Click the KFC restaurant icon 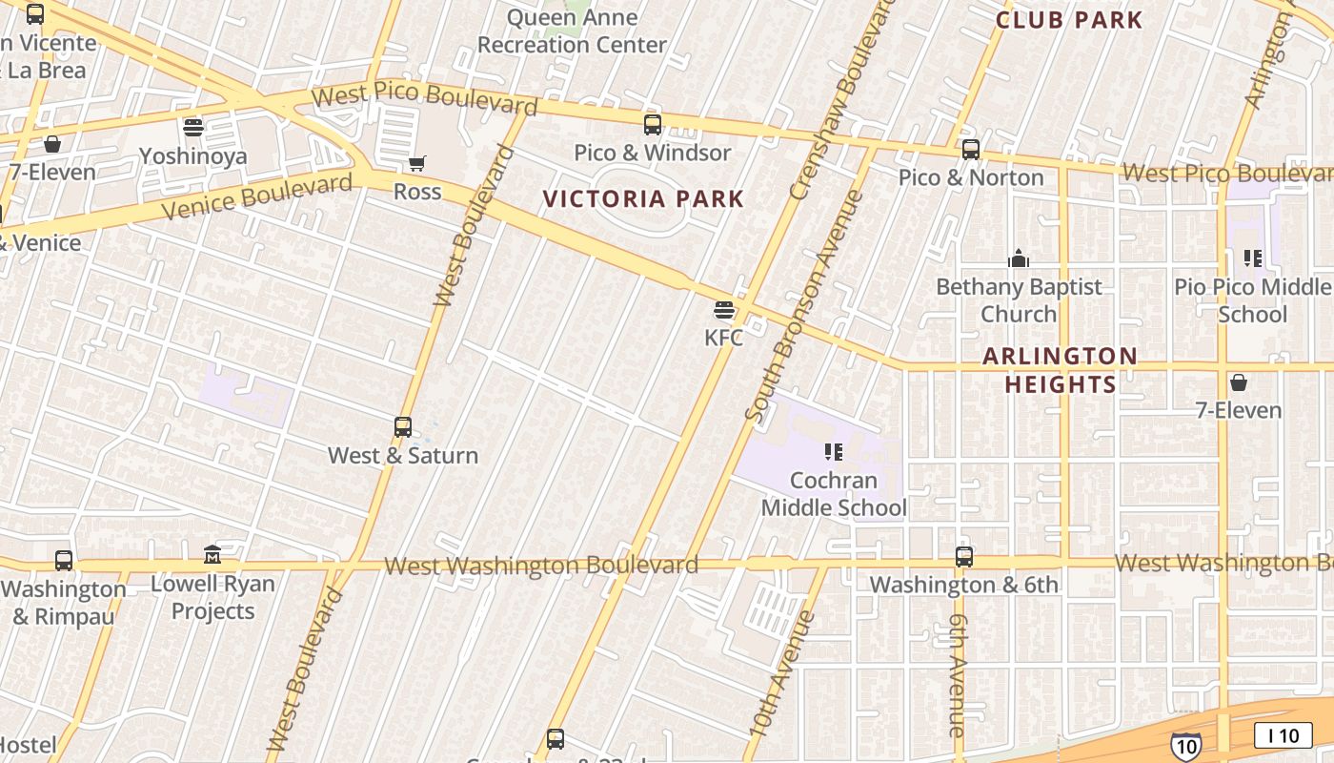[724, 310]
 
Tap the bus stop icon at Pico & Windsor [653, 124]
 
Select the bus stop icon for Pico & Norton [971, 150]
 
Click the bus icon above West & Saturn [403, 427]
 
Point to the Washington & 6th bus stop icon [964, 556]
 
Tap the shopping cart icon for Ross [416, 164]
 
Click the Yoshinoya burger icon [193, 128]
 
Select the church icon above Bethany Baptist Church [1019, 258]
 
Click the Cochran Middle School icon [834, 452]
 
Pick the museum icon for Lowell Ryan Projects [212, 554]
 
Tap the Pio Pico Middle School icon [1253, 258]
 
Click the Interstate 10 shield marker [1185, 745]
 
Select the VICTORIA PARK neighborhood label [643, 198]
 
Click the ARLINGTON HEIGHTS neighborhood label [1060, 370]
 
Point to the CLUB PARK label [1068, 20]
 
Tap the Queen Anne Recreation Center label [572, 31]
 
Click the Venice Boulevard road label [256, 196]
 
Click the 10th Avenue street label [781, 673]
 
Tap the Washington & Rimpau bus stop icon [64, 560]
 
